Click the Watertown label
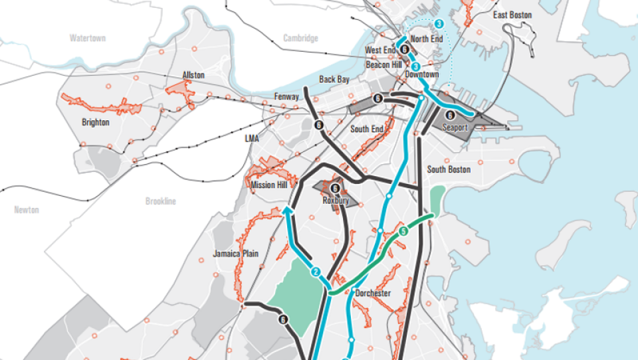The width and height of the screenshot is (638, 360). tap(88, 39)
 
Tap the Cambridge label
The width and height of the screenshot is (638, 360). tap(300, 39)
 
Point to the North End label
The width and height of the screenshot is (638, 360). tap(426, 39)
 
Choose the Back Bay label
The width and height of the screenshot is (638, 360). tap(334, 79)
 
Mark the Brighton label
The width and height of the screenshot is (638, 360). tap(95, 122)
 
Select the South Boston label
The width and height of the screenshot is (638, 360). tap(449, 169)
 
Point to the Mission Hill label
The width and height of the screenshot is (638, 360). tap(268, 185)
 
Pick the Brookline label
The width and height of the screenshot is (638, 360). tap(161, 201)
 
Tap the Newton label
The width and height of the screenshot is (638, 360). tap(27, 210)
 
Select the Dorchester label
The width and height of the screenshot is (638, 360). tap(372, 293)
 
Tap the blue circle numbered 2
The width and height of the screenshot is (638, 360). tap(316, 272)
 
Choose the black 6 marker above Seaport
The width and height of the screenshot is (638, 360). tap(451, 115)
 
